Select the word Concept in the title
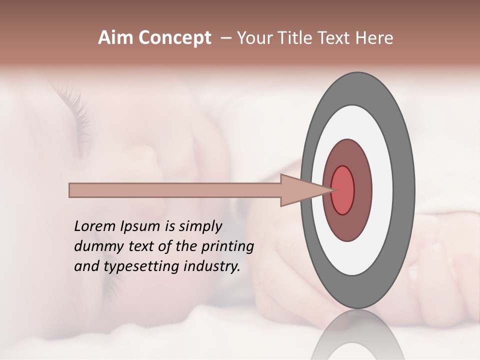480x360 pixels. pos(174,38)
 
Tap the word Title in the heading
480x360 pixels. pos(300,38)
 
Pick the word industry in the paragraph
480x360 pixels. pos(211,266)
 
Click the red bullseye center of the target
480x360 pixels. pos(343,190)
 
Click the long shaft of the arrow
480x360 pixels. pos(175,190)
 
